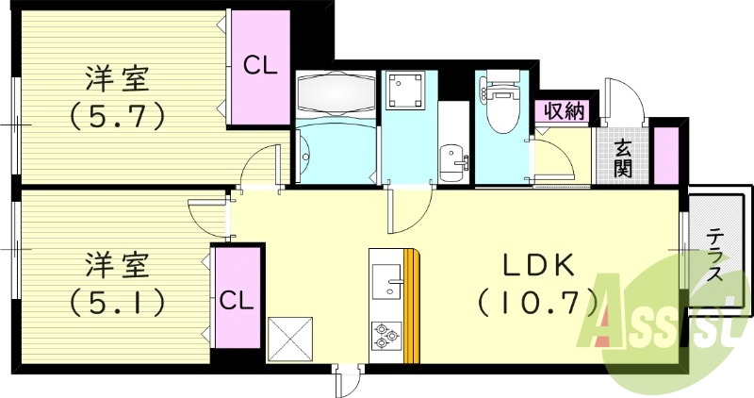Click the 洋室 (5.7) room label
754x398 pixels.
pyautogui.click(x=118, y=98)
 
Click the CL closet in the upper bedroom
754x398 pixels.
pyautogui.click(x=261, y=67)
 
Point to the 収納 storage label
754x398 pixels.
pyautogui.click(x=564, y=111)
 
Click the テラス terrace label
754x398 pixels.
pyautogui.click(x=715, y=255)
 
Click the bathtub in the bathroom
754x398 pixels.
pyautogui.click(x=336, y=92)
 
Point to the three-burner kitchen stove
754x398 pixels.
pyautogui.click(x=386, y=335)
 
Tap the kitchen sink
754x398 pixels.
pyautogui.click(x=387, y=280)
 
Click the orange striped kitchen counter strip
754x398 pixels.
pyautogui.click(x=412, y=306)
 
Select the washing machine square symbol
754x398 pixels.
pyautogui.click(x=403, y=90)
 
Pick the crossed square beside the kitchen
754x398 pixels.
pyautogui.click(x=290, y=340)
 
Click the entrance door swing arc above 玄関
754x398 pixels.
pyautogui.click(x=624, y=102)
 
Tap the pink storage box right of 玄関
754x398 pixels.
pyautogui.click(x=666, y=155)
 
